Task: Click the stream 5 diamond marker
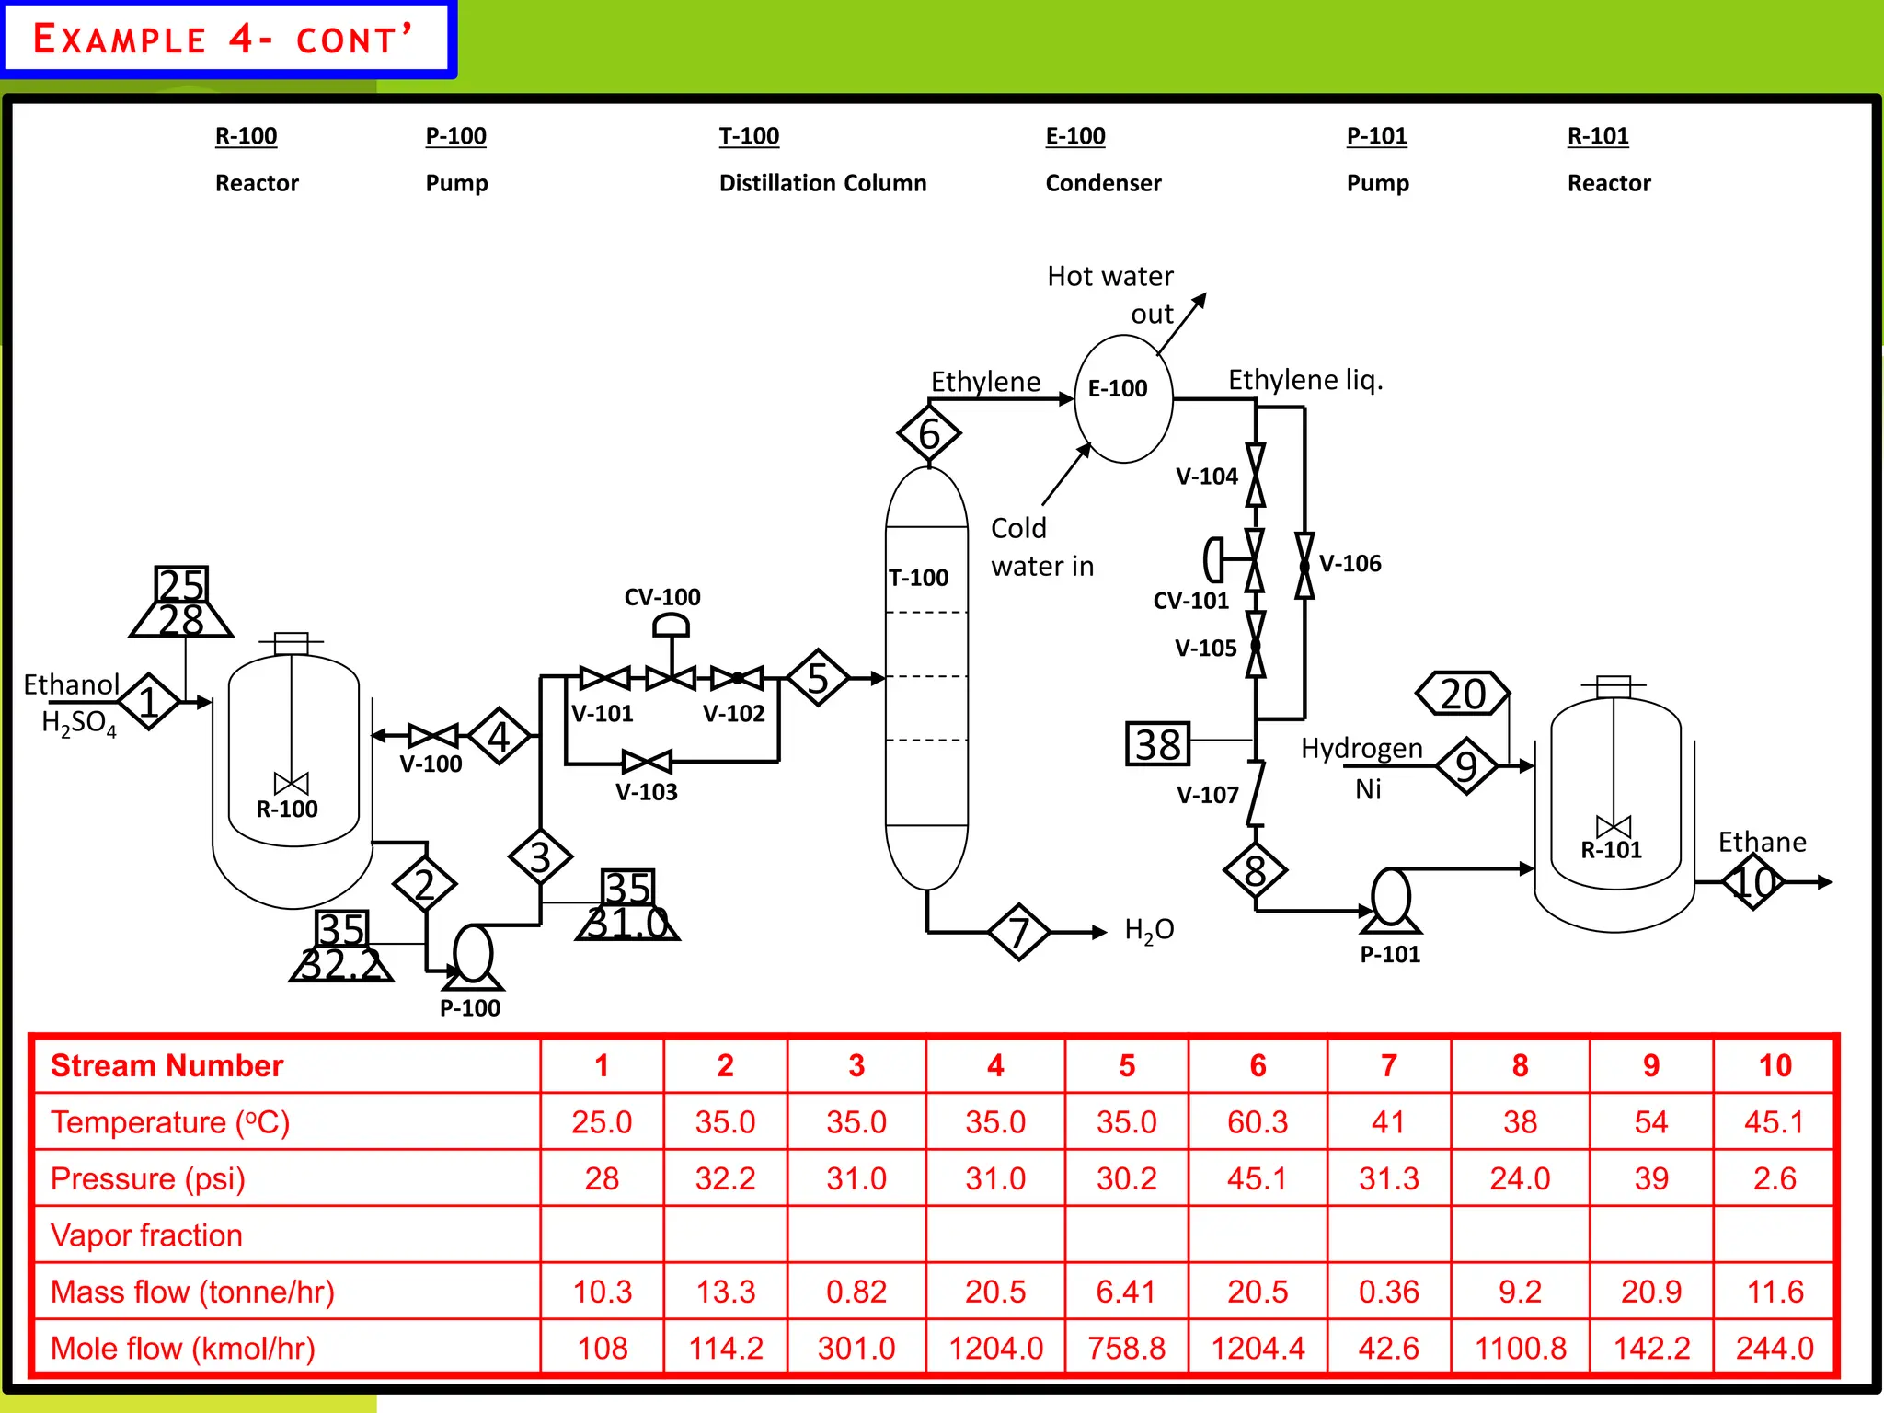pyautogui.click(x=817, y=678)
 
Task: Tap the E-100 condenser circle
pyautogui.click(x=1123, y=397)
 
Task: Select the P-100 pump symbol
pyautogui.click(x=473, y=957)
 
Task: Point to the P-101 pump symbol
pyautogui.click(x=1391, y=899)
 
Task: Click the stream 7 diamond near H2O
pyautogui.click(x=1018, y=932)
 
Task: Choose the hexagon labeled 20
pyautogui.click(x=1463, y=694)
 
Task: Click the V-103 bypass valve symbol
pyautogui.click(x=647, y=762)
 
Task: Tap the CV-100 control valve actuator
pyautogui.click(x=671, y=626)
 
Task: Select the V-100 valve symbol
pyautogui.click(x=432, y=735)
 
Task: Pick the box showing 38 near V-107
pyautogui.click(x=1157, y=744)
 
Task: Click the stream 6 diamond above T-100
pyautogui.click(x=929, y=433)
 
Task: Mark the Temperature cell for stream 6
pyautogui.click(x=1258, y=1122)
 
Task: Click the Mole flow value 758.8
pyautogui.click(x=1126, y=1348)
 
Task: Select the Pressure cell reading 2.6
pyautogui.click(x=1775, y=1178)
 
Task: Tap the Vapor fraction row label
pyautogui.click(x=147, y=1235)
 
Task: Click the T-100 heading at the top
pyautogui.click(x=749, y=136)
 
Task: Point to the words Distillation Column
pyautogui.click(x=822, y=183)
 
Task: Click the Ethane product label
pyautogui.click(x=1762, y=842)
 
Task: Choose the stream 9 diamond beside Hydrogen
pyautogui.click(x=1466, y=765)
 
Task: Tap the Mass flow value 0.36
pyautogui.click(x=1388, y=1292)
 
